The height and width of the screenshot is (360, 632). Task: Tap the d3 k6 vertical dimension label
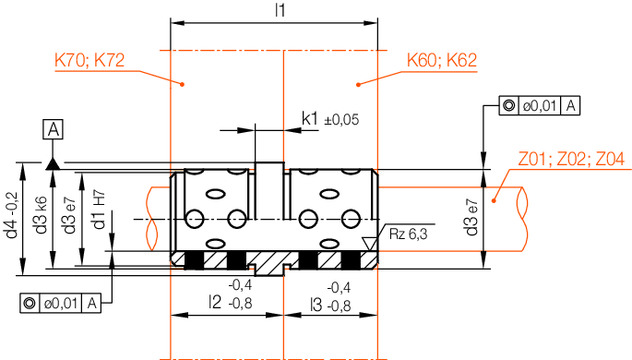point(41,219)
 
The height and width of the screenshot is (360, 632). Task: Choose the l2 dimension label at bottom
point(215,303)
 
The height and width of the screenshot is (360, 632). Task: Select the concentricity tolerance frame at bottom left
point(60,301)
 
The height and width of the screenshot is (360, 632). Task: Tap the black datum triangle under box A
point(53,160)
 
